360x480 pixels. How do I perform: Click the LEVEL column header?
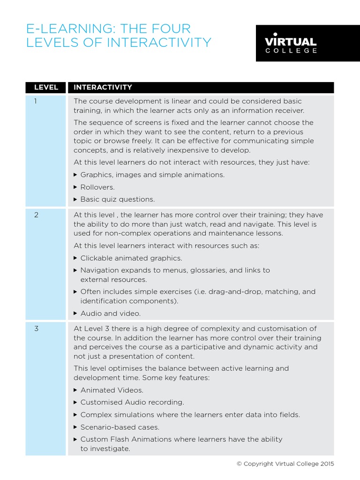[46, 87]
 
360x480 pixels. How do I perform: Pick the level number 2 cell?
[36, 215]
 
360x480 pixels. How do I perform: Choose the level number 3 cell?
[36, 329]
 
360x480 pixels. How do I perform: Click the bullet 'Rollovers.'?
[97, 187]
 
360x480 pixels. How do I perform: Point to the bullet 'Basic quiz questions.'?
[117, 199]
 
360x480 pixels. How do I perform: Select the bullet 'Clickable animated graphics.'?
[131, 258]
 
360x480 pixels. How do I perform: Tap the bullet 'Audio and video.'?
[110, 313]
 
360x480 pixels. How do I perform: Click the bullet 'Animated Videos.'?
[112, 390]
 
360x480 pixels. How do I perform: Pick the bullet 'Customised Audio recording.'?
[132, 402]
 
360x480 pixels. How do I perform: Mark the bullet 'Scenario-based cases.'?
[120, 427]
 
